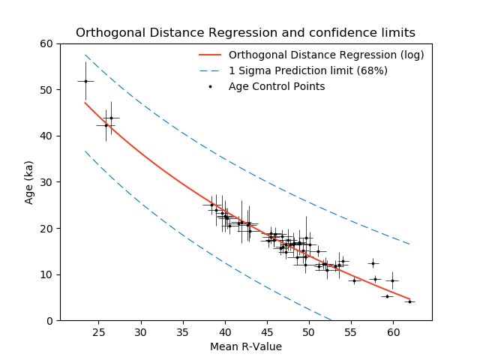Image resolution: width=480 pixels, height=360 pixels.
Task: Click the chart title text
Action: tap(245, 32)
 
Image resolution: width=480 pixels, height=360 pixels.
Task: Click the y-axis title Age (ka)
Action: tap(28, 182)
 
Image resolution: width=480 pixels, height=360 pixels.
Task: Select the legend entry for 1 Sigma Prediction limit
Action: tap(308, 70)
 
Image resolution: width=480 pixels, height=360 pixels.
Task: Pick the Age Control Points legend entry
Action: tap(277, 86)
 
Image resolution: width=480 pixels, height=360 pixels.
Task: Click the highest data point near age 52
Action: tap(85, 81)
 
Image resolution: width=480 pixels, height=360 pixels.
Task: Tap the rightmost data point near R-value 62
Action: tap(409, 301)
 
